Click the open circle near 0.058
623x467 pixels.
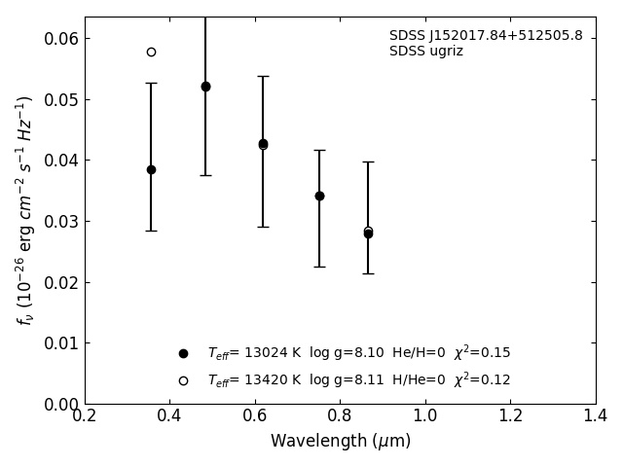pos(151,52)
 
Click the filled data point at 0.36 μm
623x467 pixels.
pos(151,169)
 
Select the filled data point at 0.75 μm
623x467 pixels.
pos(319,196)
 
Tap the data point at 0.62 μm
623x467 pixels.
pos(263,143)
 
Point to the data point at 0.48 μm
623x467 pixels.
pos(205,87)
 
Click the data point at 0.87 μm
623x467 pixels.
pos(368,233)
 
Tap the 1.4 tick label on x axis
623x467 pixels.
pos(596,416)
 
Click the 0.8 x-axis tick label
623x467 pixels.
pos(340,416)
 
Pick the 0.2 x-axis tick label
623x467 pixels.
pos(85,416)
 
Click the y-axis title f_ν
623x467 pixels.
pos(24,209)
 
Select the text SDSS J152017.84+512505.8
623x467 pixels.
pos(486,36)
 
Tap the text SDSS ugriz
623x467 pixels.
pos(426,52)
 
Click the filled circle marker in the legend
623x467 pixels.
pos(183,353)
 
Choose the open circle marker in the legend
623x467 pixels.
pos(183,380)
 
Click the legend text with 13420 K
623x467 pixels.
pos(358,380)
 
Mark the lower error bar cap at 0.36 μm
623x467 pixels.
pos(151,231)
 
